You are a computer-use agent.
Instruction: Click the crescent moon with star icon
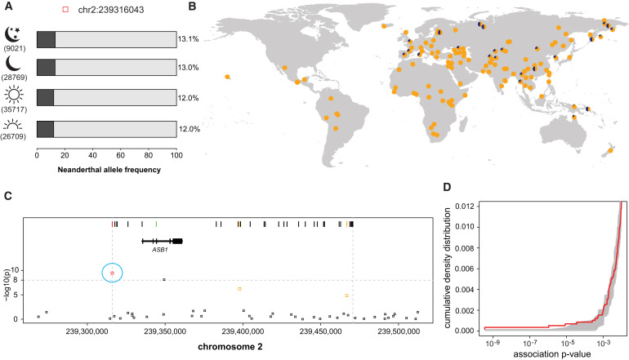tap(16, 35)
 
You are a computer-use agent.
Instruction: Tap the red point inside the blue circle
tap(113, 273)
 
